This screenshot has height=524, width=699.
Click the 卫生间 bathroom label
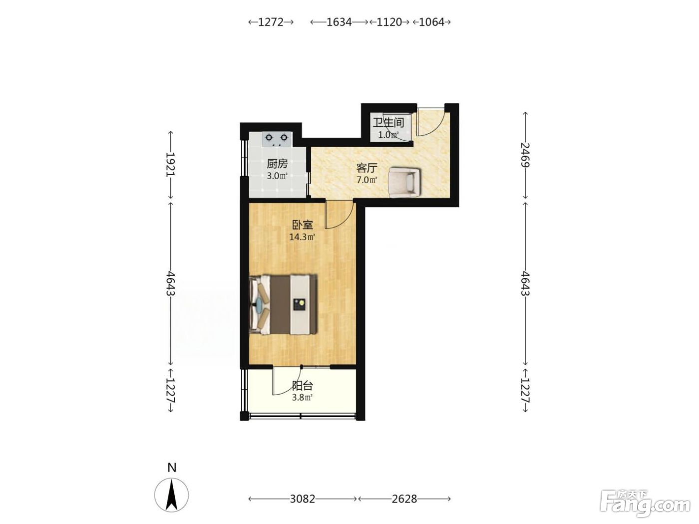tap(388, 122)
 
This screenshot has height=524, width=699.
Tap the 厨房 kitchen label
tap(277, 164)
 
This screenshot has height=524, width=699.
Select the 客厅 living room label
tap(367, 168)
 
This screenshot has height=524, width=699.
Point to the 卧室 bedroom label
tap(303, 225)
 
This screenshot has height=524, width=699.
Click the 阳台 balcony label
tap(302, 386)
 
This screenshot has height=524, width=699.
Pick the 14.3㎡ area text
tap(302, 237)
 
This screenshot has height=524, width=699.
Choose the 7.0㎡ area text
tap(367, 180)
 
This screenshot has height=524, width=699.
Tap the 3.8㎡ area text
tap(302, 398)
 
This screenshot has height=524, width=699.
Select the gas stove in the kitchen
tap(277, 139)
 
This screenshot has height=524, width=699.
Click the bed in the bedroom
tap(283, 304)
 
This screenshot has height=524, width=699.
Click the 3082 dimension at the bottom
tap(302, 499)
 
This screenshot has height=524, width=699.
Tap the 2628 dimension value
tap(404, 499)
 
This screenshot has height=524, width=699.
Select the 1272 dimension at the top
tap(271, 22)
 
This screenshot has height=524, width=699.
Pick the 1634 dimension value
tap(339, 22)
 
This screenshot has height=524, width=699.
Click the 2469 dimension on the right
tap(525, 155)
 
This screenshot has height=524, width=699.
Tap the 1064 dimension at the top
tap(431, 22)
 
